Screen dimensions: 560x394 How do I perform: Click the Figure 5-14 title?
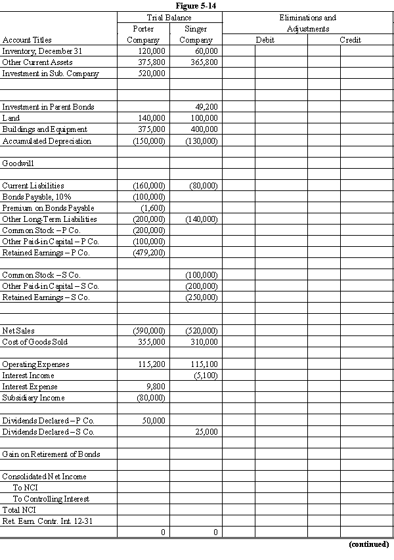coord(196,6)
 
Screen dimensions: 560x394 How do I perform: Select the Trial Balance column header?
coord(169,18)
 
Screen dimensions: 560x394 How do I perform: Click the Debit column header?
coord(265,40)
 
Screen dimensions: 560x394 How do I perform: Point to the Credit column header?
coord(350,40)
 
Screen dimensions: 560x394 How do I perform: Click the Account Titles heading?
coord(27,40)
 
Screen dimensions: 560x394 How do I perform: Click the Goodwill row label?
coord(16,163)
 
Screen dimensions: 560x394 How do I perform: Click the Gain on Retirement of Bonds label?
coord(51,454)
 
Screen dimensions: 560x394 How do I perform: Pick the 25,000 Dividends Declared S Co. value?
coord(206,432)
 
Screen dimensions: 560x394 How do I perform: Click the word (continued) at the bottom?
coord(368,544)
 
